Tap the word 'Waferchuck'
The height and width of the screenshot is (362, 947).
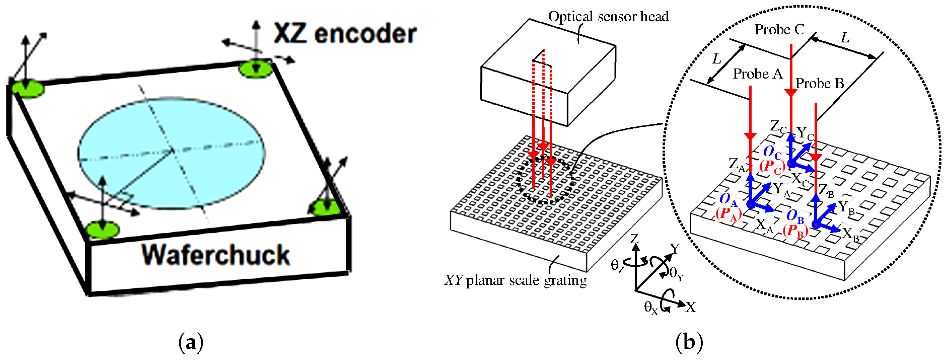click(216, 255)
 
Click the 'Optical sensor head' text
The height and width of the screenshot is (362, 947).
click(608, 16)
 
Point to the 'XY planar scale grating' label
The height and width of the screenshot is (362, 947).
click(515, 280)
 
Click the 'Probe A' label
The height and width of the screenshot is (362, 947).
click(758, 74)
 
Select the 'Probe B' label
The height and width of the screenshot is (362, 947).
click(819, 83)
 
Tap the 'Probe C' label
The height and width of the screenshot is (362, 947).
click(779, 29)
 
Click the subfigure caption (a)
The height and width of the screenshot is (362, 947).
click(191, 342)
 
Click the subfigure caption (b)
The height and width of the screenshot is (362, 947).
click(689, 342)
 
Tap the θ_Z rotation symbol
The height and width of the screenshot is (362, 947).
click(617, 266)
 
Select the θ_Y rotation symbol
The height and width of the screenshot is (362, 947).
click(676, 274)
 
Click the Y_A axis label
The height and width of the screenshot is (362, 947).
click(782, 190)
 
